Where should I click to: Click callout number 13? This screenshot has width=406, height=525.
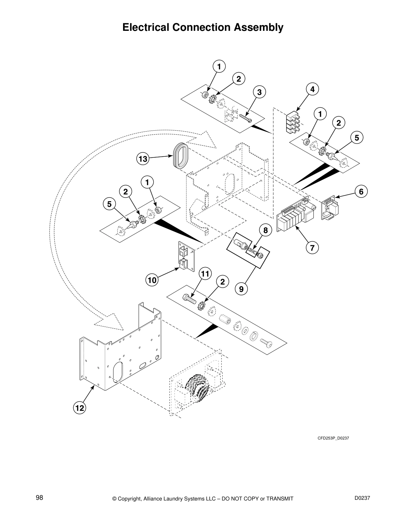[x=143, y=159]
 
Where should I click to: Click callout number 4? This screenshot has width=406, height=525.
[x=312, y=89]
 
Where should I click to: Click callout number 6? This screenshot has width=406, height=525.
[x=361, y=191]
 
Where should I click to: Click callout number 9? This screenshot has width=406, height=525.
[x=241, y=289]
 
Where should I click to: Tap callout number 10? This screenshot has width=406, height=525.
[x=152, y=280]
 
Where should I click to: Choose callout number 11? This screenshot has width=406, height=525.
[x=205, y=274]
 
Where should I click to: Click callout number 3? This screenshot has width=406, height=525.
[x=259, y=92]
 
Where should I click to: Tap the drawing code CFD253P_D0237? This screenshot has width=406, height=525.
[x=333, y=438]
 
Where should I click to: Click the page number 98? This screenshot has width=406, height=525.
[x=39, y=497]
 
